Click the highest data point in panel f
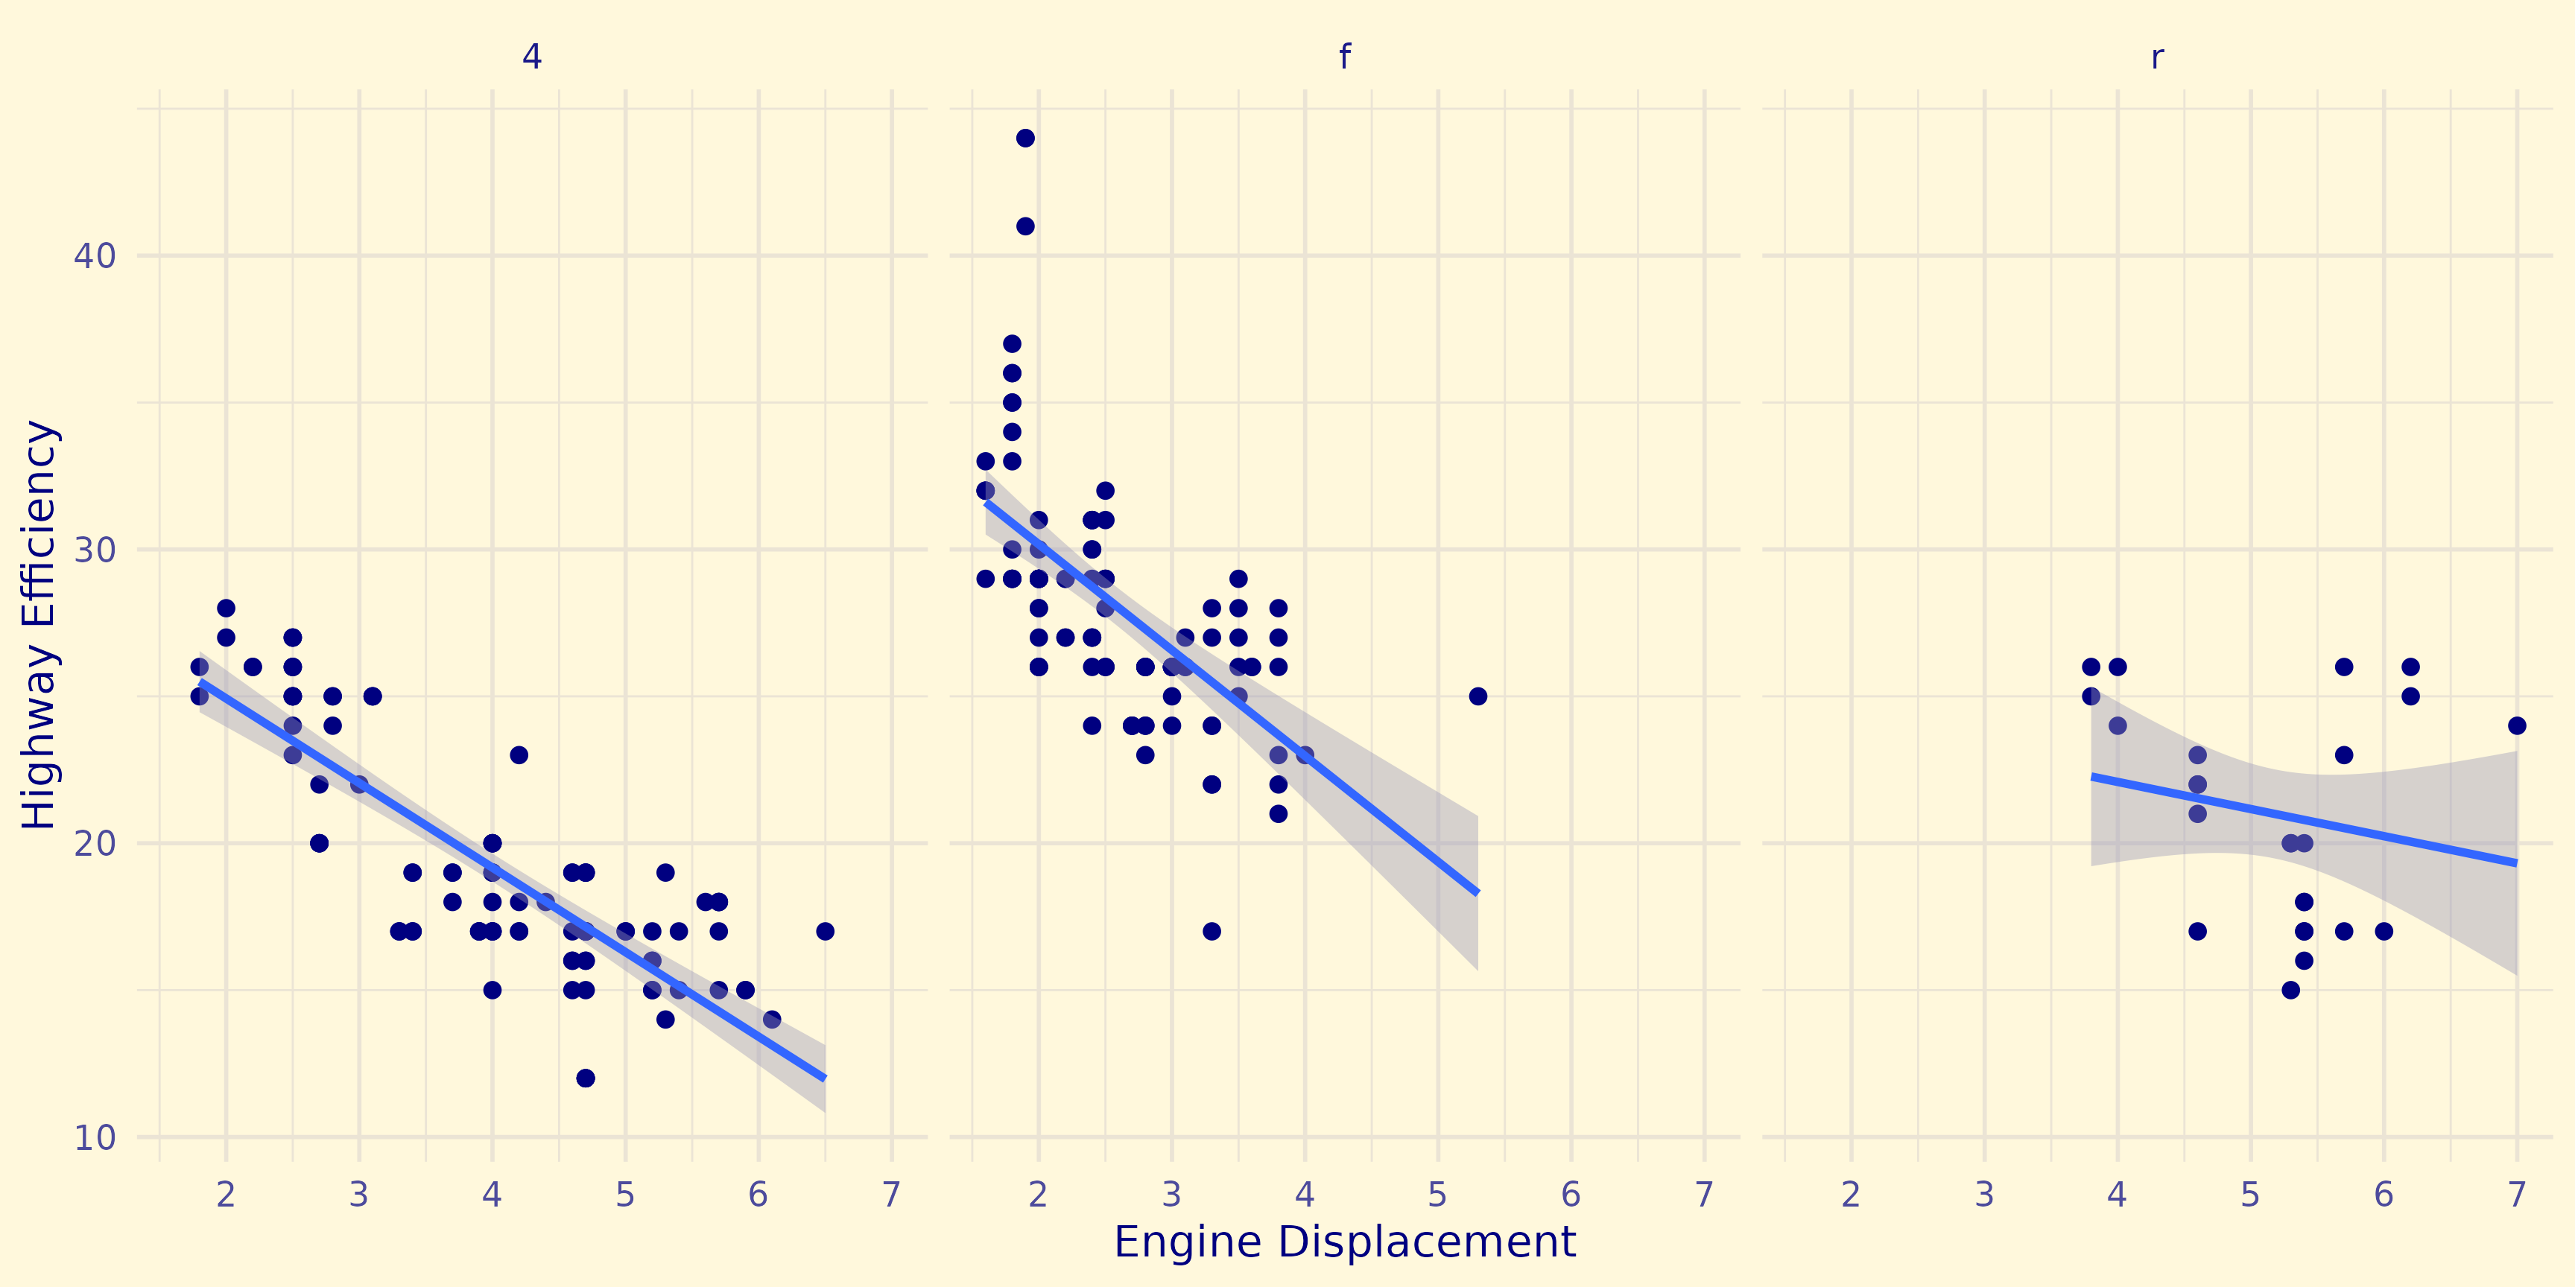pos(1024,138)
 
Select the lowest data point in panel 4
pos(586,1078)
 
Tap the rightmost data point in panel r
pos(2517,725)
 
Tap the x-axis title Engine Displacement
pos(1344,1242)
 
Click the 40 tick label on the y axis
pos(95,255)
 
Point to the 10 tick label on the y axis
pos(95,1137)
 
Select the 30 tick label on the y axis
pos(95,550)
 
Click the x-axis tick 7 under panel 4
pos(892,1194)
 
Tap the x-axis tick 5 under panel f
pos(1437,1194)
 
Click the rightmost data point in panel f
pos(1477,696)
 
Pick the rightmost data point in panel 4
pos(825,931)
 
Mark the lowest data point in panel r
pos(2291,991)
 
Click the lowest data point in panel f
pos(1212,931)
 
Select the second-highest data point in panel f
pos(1024,226)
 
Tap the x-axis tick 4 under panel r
pos(2118,1194)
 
